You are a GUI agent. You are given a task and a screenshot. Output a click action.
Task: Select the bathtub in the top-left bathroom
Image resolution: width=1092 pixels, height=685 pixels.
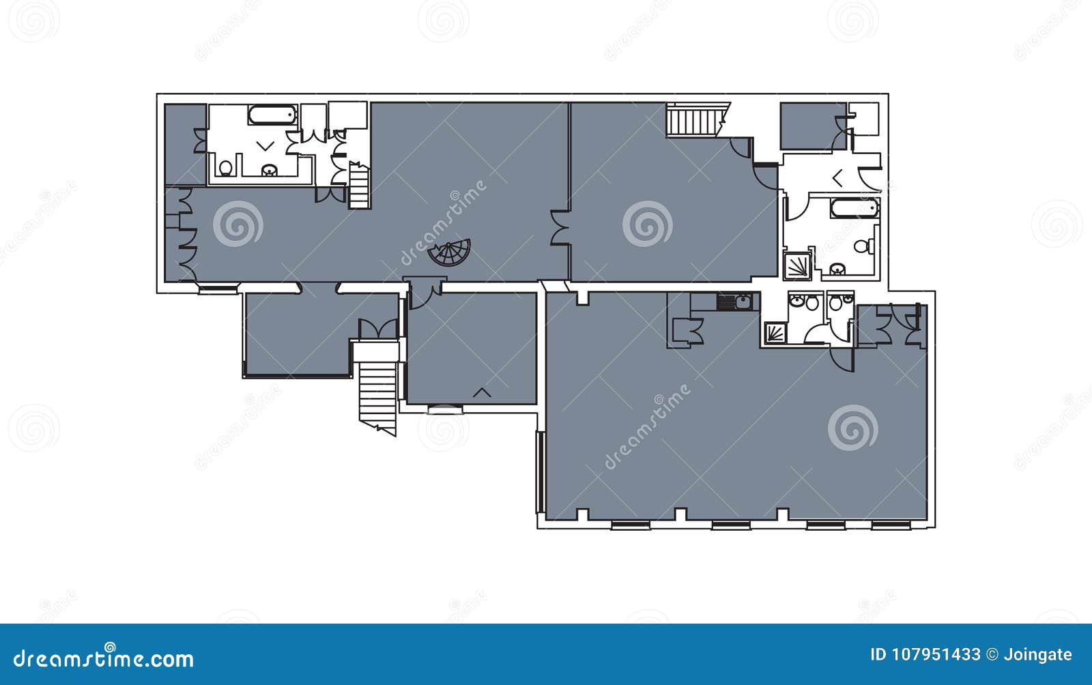[x=272, y=115]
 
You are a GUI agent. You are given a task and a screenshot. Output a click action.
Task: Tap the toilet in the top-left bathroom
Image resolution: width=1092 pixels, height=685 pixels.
[x=226, y=167]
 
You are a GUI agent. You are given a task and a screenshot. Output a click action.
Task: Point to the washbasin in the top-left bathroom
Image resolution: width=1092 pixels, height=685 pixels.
[x=270, y=170]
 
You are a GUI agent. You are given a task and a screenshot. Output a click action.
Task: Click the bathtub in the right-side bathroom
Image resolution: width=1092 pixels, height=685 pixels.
[x=854, y=208]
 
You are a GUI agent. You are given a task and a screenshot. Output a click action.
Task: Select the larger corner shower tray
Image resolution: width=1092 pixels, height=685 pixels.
[x=797, y=266]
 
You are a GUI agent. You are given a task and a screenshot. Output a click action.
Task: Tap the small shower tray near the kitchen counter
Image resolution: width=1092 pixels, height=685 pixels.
[x=775, y=333]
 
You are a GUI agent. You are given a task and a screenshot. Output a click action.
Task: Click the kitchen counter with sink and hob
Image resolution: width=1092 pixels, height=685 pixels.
[x=725, y=302]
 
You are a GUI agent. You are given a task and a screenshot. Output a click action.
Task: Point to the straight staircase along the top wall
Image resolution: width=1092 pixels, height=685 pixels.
[x=693, y=121]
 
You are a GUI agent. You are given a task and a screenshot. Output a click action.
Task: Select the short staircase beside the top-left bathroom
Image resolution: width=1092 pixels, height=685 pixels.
[x=358, y=186]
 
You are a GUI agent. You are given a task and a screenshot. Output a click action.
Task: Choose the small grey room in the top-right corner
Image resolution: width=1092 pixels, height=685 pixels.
[x=812, y=126]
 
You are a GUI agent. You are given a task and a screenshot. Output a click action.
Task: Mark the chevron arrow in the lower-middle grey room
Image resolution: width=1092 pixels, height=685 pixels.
[x=483, y=392]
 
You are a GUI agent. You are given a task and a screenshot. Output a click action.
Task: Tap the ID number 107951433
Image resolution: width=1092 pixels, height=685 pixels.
[x=925, y=655]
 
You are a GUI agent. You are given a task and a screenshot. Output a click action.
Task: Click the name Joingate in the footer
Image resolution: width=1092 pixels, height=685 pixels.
[x=1037, y=655]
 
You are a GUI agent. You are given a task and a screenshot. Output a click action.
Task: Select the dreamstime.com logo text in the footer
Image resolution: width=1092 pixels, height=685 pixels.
[x=104, y=658]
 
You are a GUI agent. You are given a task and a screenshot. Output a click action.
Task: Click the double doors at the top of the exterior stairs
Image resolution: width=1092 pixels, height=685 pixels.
[x=377, y=329]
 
